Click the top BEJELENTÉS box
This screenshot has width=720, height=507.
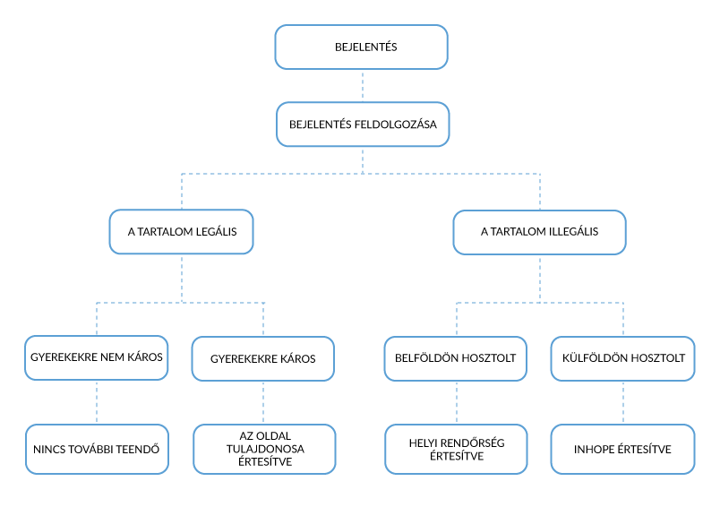click(362, 47)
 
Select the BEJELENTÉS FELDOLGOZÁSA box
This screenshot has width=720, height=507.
click(363, 124)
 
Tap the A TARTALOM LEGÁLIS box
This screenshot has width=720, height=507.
click(182, 231)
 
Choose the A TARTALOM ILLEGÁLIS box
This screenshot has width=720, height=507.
click(539, 232)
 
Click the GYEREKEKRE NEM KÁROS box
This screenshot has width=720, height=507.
click(97, 357)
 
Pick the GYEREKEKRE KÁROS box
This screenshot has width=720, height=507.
click(263, 358)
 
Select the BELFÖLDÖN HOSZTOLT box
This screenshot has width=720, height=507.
click(456, 358)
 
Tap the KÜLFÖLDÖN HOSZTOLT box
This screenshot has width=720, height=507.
click(623, 358)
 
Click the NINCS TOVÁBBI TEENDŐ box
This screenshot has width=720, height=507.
click(97, 449)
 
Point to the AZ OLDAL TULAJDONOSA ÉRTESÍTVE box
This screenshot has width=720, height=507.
click(264, 449)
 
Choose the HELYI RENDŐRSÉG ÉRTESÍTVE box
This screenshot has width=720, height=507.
click(457, 449)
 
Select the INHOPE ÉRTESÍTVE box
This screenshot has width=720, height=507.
click(623, 449)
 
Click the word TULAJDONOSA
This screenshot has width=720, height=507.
click(265, 449)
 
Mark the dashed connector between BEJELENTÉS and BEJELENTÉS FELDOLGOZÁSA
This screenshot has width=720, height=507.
click(363, 86)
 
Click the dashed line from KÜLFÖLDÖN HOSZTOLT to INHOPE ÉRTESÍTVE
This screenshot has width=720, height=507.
click(623, 403)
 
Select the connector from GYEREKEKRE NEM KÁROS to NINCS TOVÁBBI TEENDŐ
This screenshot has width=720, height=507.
click(97, 402)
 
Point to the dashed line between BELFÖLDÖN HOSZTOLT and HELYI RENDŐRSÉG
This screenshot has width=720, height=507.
click(457, 403)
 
